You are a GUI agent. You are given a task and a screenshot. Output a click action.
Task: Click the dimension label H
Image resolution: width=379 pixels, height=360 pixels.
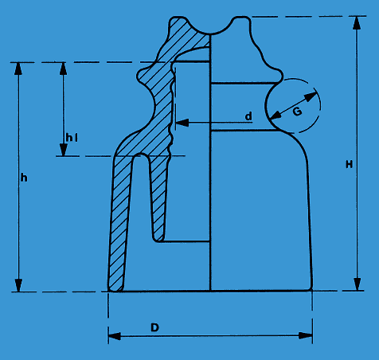pos(350,165)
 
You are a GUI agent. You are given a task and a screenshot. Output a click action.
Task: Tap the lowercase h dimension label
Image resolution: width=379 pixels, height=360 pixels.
pos(24,178)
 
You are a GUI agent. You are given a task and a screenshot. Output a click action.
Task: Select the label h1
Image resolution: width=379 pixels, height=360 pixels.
pos(72,138)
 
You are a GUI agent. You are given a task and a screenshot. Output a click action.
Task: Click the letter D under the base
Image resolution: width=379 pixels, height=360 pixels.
pos(154,327)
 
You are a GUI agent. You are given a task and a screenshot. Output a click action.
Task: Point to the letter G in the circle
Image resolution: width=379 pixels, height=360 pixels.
pos(298,112)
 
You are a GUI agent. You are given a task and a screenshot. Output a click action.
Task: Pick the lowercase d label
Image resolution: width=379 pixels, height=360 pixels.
pos(248,116)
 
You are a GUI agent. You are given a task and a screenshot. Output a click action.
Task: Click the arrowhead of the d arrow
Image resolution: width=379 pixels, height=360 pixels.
pos(182,123)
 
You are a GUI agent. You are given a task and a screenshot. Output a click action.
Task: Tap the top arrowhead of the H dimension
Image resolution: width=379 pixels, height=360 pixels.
pos(357,23)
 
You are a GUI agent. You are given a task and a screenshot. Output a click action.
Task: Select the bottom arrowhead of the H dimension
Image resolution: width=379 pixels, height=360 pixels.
pos(358,284)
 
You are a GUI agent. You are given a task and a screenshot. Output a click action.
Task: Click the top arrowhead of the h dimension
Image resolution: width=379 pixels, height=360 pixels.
pos(18,69)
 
